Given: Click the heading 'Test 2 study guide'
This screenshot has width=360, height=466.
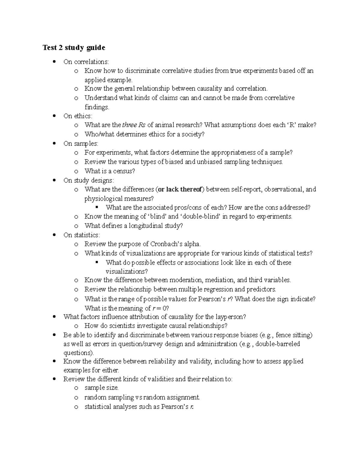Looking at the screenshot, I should (x=74, y=48).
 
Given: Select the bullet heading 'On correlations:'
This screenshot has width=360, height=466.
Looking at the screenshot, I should (x=86, y=62).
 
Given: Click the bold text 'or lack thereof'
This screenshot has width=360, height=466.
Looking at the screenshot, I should (x=181, y=189).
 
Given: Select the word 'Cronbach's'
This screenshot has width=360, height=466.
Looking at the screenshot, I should (x=166, y=244).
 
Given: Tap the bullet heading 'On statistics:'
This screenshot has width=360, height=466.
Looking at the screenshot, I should (x=82, y=235).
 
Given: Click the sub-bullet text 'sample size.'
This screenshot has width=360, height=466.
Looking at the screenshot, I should (x=101, y=388).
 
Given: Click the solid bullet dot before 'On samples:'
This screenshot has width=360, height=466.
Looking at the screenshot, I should (x=54, y=143).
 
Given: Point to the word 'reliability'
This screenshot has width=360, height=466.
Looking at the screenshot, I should (x=161, y=361).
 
